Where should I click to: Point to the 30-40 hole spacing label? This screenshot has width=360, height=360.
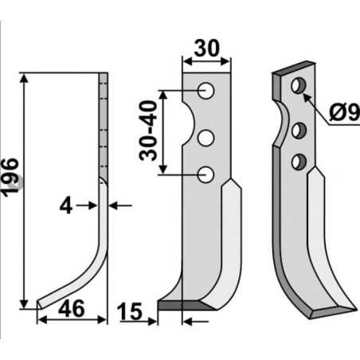148,131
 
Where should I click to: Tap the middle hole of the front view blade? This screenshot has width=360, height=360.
206,139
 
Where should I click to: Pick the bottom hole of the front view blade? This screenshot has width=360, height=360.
206,173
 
